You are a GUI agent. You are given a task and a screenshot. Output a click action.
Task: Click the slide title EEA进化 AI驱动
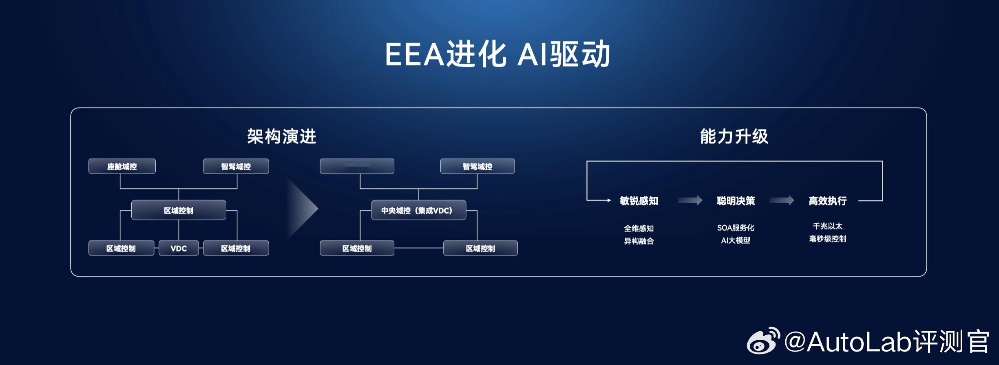pos(497,54)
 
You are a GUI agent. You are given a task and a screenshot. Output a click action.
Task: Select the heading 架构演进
pos(281,136)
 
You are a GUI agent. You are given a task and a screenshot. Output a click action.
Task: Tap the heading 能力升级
pos(734,136)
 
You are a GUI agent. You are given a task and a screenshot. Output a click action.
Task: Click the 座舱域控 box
pos(122,166)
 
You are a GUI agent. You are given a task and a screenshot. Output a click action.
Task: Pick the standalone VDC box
pos(179,248)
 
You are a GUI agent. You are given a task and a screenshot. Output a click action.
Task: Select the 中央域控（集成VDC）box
pos(418,210)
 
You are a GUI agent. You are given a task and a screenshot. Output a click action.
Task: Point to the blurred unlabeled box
pos(357,166)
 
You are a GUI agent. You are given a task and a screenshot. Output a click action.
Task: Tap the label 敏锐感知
pos(639,201)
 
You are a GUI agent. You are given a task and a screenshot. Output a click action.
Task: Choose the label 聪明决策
pos(736,201)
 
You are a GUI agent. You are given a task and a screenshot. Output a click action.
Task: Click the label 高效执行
pos(827,201)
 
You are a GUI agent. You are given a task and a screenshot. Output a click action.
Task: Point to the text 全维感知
pos(639,229)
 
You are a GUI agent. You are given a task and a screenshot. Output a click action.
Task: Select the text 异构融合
pos(639,241)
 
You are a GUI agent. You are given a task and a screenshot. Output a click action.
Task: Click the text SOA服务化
pos(736,228)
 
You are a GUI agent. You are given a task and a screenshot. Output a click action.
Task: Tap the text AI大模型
pos(736,240)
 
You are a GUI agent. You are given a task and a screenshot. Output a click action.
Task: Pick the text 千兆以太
pos(827,226)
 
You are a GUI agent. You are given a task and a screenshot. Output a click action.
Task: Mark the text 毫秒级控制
pos(827,239)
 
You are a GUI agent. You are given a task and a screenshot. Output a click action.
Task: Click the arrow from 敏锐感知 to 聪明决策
pos(690,200)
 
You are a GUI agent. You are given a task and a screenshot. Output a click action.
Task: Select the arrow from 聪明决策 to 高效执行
pos(782,200)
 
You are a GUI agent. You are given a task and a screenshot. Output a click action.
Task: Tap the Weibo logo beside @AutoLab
pos(763,341)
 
